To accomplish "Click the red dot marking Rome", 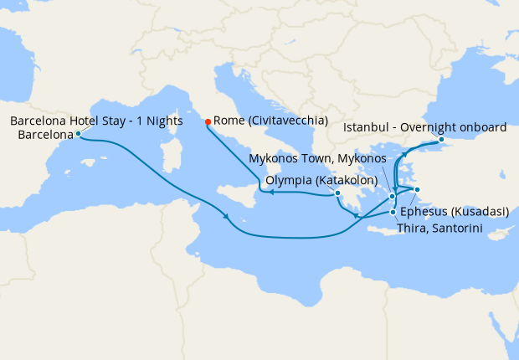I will [x=208, y=121].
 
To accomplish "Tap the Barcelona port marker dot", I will [x=78, y=133].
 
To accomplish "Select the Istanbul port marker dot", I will [x=441, y=140].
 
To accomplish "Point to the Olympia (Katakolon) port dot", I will [x=337, y=194].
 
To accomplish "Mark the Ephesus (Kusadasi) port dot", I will [x=416, y=191].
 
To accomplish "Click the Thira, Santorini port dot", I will [x=393, y=212].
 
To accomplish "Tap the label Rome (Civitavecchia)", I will [x=270, y=121].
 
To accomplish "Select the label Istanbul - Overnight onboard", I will [x=425, y=128].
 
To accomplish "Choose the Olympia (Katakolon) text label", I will [x=321, y=180].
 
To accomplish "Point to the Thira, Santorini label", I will [x=440, y=228].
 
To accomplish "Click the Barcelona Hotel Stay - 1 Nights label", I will [x=96, y=121].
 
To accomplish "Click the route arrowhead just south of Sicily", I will [x=228, y=219].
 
